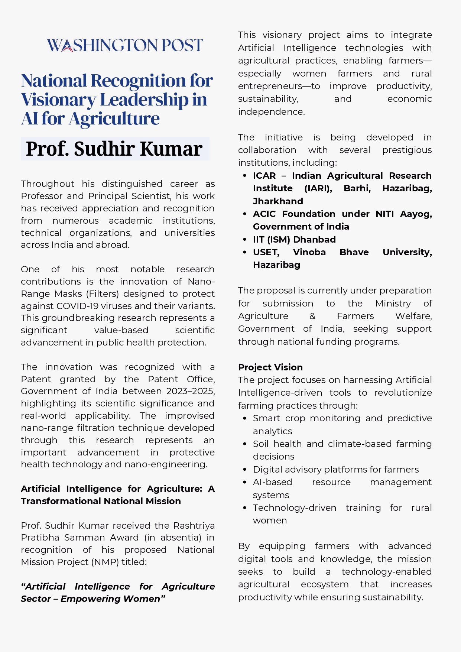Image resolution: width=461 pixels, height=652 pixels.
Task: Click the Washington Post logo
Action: point(125,45)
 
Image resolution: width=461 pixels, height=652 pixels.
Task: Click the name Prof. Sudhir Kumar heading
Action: point(114,149)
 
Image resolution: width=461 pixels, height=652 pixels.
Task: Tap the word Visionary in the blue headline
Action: point(58,100)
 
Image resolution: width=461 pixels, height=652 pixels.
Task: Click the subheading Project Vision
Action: point(270,367)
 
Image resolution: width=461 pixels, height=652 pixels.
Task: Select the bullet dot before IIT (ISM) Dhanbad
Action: point(244,240)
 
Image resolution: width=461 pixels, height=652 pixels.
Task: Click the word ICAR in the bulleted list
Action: point(264,176)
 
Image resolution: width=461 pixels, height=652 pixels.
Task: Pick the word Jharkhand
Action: point(278,201)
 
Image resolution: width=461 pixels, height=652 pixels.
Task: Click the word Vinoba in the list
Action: point(309,252)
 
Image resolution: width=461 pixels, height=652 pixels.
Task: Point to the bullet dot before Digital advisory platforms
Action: point(244,470)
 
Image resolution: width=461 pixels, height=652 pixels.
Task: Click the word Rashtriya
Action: point(194,526)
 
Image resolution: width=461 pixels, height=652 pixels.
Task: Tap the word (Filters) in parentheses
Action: point(103,294)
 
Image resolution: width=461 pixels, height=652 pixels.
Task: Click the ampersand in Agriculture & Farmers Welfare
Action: point(312,316)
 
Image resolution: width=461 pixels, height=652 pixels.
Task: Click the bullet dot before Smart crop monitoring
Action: point(244,419)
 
